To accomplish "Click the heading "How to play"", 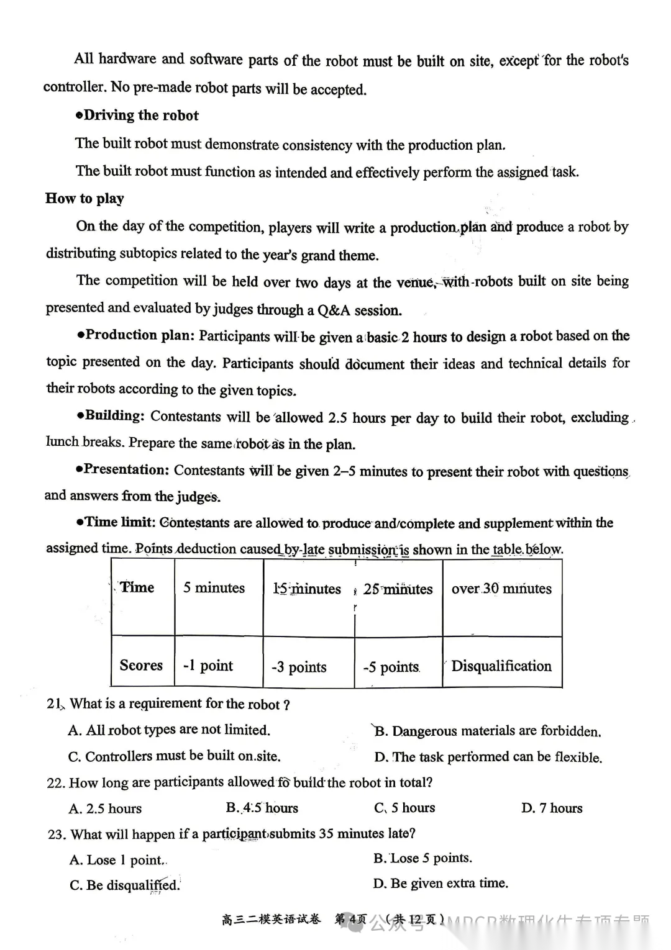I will pos(84,199).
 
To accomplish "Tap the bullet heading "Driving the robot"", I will pos(141,115).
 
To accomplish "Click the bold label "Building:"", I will pos(115,416).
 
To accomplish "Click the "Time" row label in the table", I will pos(137,587).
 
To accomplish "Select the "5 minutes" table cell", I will pos(214,588).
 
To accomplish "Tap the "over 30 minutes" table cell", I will pos(501,589).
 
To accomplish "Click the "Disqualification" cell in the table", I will pos(501,666).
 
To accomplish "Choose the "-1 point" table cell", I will pos(208,666).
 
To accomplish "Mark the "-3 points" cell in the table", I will pos(299,667).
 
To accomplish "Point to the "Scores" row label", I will pos(141,666).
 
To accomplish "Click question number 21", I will pos(55,704).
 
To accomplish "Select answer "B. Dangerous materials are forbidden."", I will pos(488,731).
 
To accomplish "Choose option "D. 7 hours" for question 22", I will pos(552,808).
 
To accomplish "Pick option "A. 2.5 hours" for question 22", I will pos(106,809).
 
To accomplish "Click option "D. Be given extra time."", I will pos(440,884).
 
